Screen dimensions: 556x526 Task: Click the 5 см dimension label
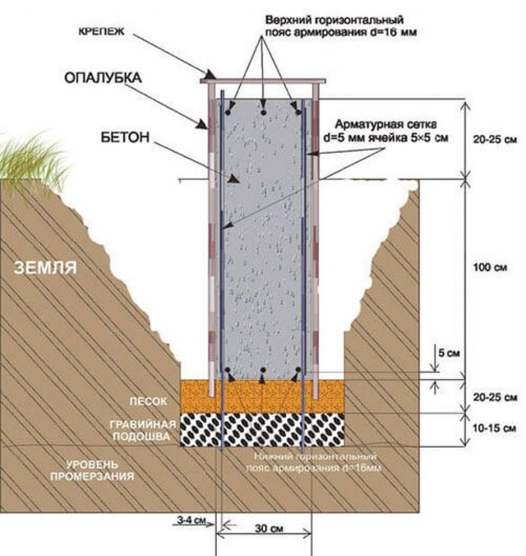tap(449, 354)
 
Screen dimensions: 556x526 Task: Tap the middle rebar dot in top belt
tap(263, 112)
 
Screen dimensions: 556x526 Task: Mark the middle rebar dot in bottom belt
tap(263, 370)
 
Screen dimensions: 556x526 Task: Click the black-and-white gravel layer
tap(263, 430)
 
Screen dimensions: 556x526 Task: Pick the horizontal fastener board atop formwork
tap(263, 81)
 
